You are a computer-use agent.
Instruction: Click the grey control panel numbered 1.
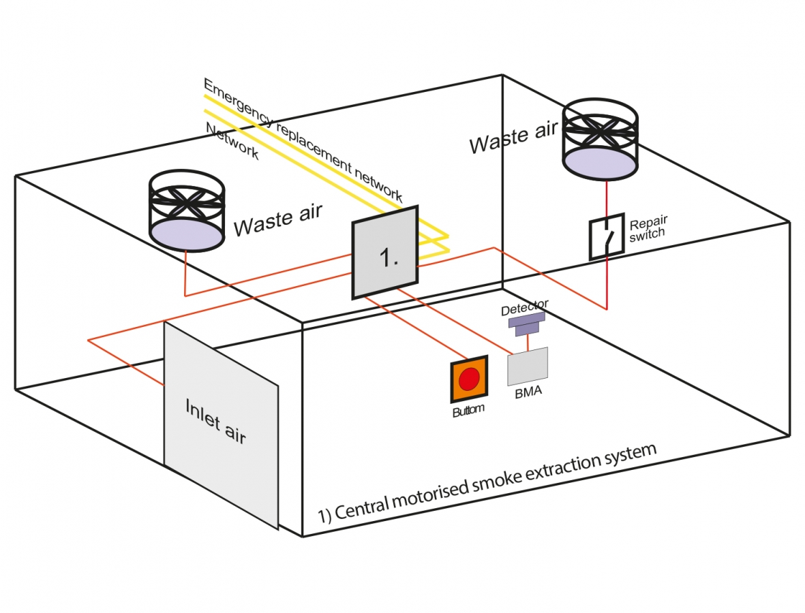click(x=385, y=252)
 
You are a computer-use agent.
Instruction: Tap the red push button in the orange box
click(x=468, y=379)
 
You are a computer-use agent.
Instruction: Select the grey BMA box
click(x=528, y=366)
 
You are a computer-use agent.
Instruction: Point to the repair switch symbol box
click(x=607, y=237)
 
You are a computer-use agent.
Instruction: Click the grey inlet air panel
click(x=220, y=422)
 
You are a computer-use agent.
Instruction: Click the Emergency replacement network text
click(x=303, y=140)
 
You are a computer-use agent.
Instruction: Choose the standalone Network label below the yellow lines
click(x=232, y=141)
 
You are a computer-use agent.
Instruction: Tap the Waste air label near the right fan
click(x=513, y=136)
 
